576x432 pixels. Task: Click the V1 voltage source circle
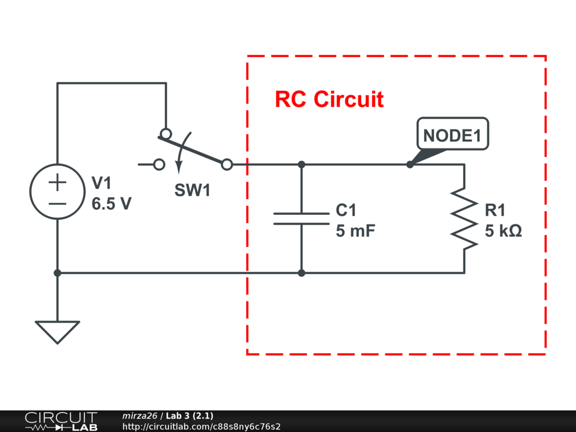coord(57,192)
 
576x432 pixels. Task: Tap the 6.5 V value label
coord(111,204)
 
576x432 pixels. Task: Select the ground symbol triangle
coord(57,331)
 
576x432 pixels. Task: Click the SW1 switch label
coord(192,191)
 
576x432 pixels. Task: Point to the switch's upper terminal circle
coord(165,133)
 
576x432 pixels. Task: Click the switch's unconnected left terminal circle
coord(159,164)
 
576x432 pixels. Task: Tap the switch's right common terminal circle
coord(227,164)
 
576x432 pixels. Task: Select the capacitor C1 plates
coord(301,218)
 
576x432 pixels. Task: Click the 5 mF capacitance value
coord(355,231)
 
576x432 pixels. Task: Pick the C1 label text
coord(346,210)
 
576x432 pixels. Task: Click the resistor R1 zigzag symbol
coord(464,218)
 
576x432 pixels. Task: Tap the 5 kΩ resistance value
coord(503,231)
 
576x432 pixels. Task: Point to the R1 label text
coord(496,210)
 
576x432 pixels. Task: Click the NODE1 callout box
coord(452,135)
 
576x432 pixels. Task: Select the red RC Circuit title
coord(329,100)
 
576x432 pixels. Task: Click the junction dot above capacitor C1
coord(301,164)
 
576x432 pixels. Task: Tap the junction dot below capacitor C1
coord(301,273)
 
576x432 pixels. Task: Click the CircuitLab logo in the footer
coord(60,421)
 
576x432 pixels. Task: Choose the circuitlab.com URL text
coord(201,426)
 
